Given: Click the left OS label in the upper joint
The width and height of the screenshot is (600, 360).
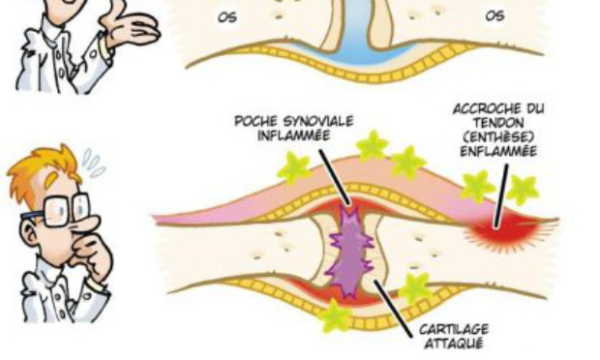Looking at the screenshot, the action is [229, 17].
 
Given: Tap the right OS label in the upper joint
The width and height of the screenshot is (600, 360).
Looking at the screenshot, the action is [495, 16].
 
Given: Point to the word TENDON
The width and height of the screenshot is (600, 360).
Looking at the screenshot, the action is [495, 123].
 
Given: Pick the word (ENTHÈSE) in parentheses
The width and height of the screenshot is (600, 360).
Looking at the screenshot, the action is [495, 136].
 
